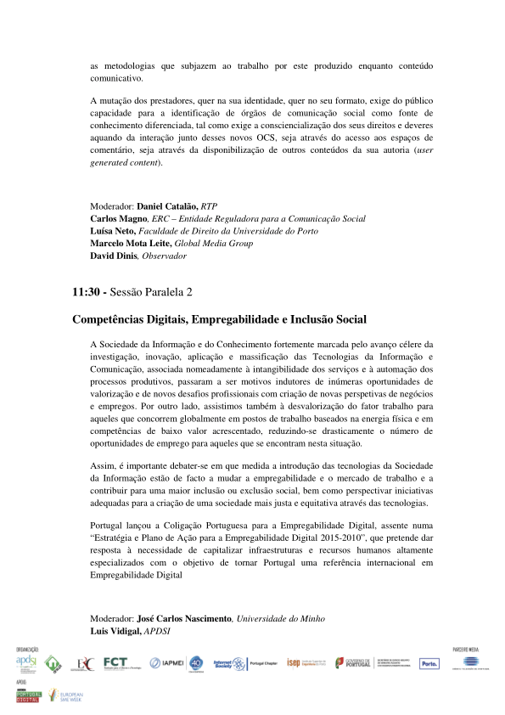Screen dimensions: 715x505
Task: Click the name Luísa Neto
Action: [x=113, y=231]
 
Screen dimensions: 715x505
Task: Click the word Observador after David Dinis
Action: [x=165, y=256]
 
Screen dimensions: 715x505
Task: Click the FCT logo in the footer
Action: [x=115, y=662]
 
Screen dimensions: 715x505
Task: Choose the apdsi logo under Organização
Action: [x=25, y=662]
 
